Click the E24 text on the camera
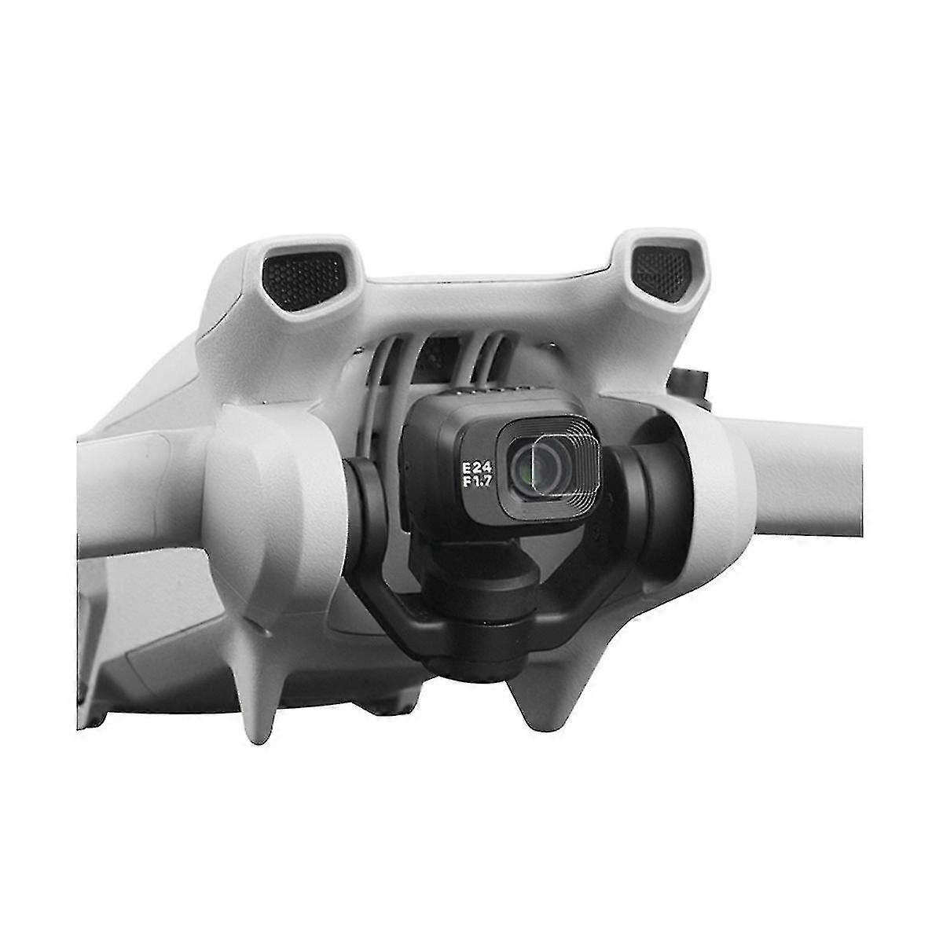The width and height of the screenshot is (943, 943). pyautogui.click(x=477, y=468)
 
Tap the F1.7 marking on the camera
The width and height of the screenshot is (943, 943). pyautogui.click(x=477, y=482)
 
